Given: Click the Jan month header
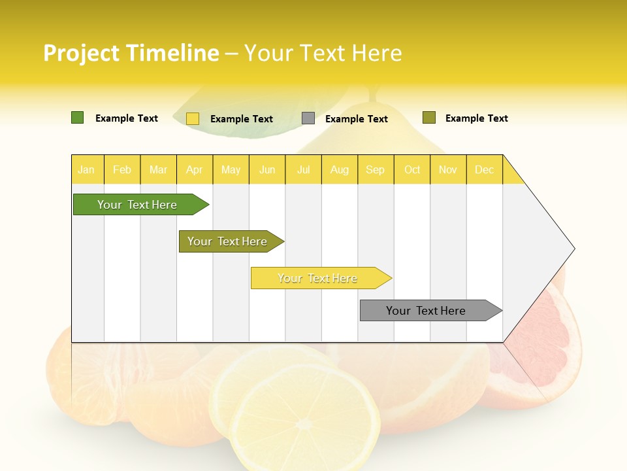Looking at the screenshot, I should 86,169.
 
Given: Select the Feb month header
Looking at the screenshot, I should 122,169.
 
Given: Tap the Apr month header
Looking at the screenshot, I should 195,169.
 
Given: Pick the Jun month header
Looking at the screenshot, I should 267,169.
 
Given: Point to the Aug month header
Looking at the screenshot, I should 340,169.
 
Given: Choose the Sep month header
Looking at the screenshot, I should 376,169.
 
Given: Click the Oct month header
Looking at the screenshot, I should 412,169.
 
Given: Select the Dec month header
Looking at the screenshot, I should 485,169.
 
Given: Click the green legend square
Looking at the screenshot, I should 78,118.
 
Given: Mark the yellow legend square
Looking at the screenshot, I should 193,118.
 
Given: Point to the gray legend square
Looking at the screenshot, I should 308,118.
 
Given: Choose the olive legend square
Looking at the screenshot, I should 429,118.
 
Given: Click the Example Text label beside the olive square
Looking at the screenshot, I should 476,118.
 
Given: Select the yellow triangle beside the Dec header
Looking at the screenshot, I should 511,174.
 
